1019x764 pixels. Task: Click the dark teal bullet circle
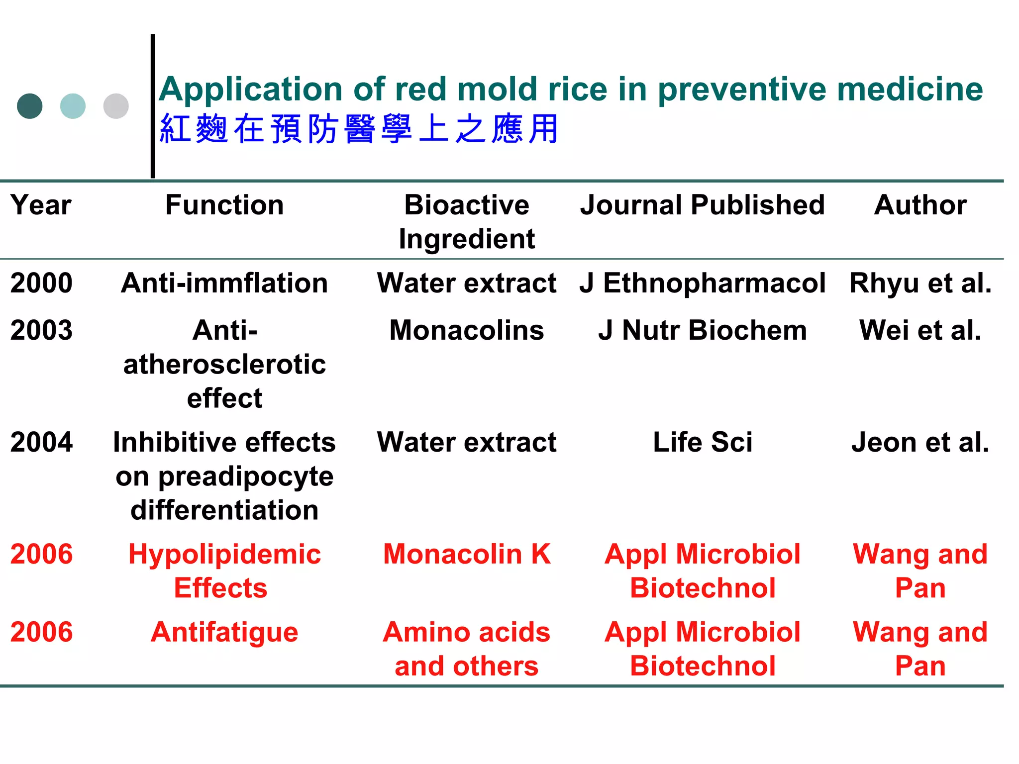[30, 106]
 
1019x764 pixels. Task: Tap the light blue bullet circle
[73, 106]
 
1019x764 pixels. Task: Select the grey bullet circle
[116, 106]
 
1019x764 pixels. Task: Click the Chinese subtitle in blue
[359, 129]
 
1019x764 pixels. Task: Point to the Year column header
[41, 205]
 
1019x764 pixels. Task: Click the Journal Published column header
[703, 205]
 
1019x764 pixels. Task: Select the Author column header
[920, 205]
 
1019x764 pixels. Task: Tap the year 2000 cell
[41, 283]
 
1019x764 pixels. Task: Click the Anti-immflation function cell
[224, 283]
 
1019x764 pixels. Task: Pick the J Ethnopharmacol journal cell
[703, 283]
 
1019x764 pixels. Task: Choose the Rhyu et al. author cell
[920, 283]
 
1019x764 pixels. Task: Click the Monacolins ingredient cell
[467, 330]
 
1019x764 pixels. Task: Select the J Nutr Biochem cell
[703, 330]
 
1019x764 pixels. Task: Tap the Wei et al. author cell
[920, 330]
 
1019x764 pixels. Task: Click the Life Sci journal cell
[703, 442]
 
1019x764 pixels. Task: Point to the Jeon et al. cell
[920, 442]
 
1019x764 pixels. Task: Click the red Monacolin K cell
[467, 554]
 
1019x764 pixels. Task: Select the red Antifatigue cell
[224, 632]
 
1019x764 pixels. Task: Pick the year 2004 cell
[41, 442]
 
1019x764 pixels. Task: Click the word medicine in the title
[910, 90]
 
